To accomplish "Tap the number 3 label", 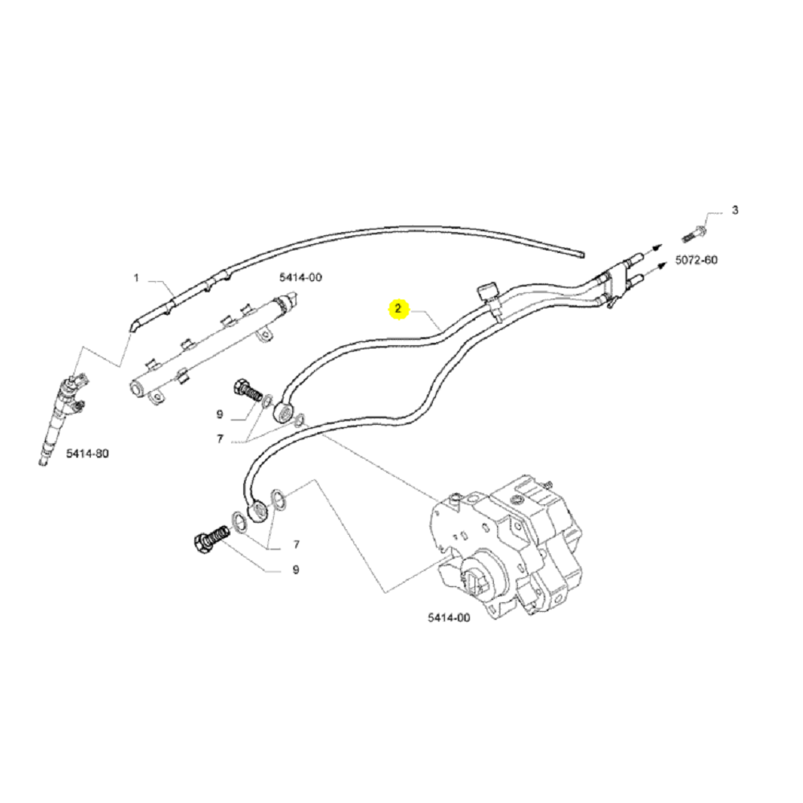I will coord(734,211).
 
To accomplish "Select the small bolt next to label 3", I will coord(693,234).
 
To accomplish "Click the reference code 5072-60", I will coord(696,261).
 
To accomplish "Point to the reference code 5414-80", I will coord(87,454).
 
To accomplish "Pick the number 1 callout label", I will coord(137,279).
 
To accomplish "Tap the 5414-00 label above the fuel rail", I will coord(300,277).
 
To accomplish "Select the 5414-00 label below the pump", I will coord(449,618).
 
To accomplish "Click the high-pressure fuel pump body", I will coord(514,546).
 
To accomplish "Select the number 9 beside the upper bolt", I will coord(218,414).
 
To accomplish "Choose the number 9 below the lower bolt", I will coord(295,569).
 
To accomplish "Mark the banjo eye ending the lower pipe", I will coord(259,511).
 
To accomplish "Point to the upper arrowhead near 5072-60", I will coord(656,248).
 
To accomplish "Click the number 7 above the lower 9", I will coord(296,544).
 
